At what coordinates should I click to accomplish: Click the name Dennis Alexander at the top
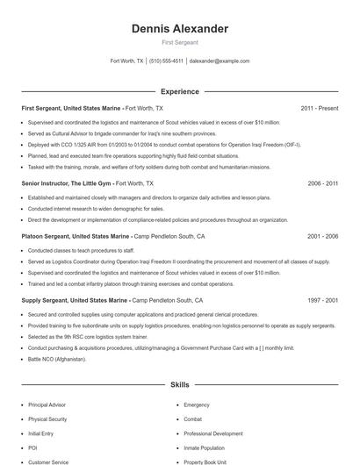[180, 29]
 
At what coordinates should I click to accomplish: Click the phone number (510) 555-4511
[167, 61]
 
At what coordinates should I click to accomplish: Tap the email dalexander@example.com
[220, 61]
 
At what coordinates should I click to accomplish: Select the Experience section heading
[180, 91]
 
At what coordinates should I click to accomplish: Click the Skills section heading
[180, 385]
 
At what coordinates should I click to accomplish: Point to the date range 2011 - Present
[319, 108]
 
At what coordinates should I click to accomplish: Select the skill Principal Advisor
[47, 405]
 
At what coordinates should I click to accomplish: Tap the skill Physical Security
[47, 419]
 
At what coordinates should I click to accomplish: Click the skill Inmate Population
[205, 447]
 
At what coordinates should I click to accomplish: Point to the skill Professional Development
[213, 433]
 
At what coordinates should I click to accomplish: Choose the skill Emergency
[197, 405]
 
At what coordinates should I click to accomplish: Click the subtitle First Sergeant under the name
[180, 42]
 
